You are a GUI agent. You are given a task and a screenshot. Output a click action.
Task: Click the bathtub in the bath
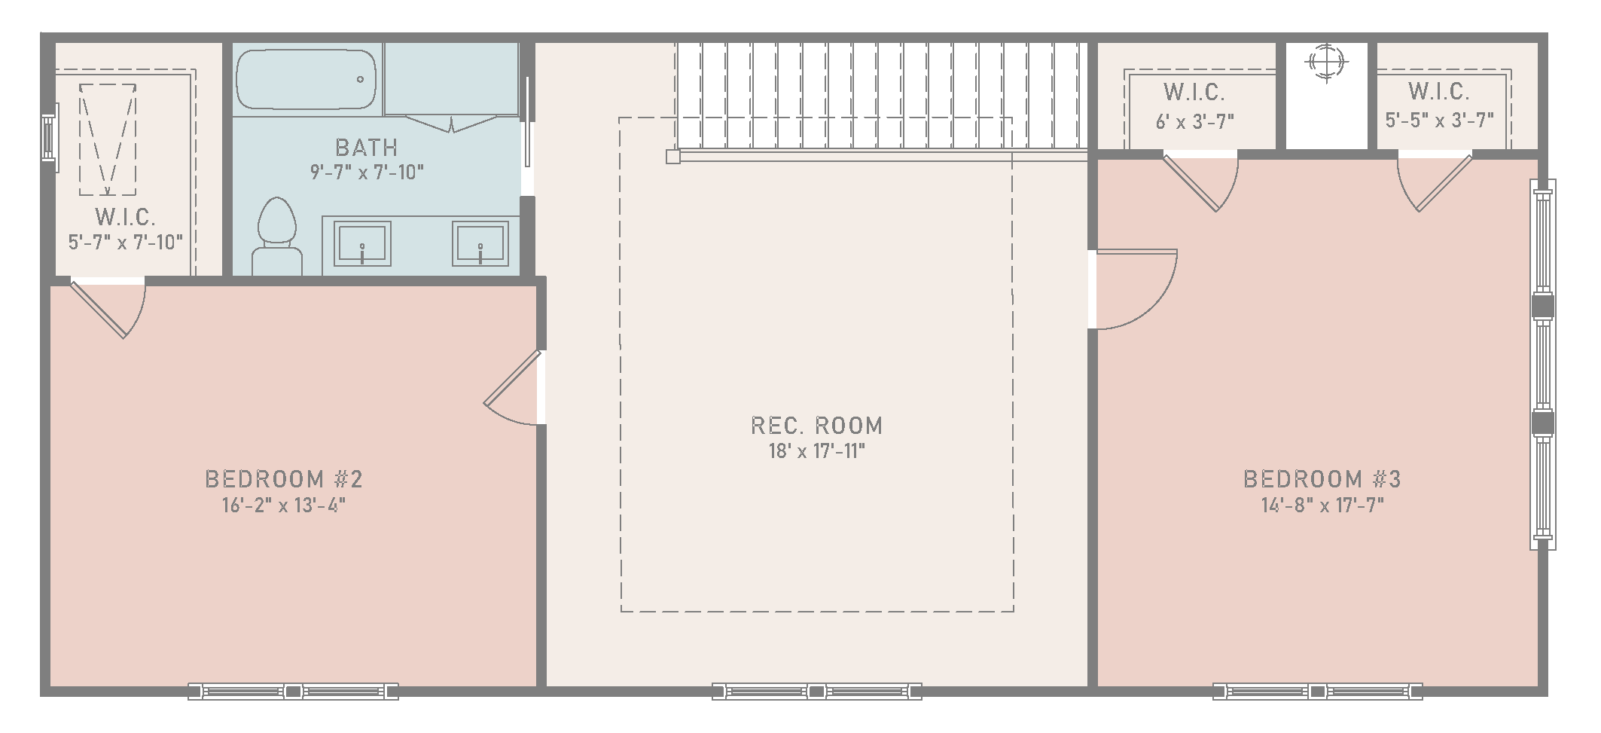click(x=306, y=80)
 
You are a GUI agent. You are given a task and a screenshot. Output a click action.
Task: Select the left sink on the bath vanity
click(x=362, y=243)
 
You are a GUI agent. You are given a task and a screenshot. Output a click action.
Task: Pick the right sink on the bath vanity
click(x=480, y=243)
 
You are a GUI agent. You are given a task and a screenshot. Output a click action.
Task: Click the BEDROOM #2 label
click(x=284, y=479)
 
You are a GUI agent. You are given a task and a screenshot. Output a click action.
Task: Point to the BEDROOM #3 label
click(x=1322, y=479)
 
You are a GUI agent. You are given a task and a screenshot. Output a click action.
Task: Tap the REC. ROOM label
click(x=817, y=426)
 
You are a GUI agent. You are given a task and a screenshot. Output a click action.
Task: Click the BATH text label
click(x=367, y=148)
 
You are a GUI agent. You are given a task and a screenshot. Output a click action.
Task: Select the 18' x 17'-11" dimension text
click(x=817, y=451)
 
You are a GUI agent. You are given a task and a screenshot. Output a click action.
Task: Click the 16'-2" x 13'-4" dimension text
click(x=284, y=505)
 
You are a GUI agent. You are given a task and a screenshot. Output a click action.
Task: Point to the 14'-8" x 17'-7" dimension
click(x=1322, y=505)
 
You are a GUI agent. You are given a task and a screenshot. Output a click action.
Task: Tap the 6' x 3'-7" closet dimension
click(x=1195, y=121)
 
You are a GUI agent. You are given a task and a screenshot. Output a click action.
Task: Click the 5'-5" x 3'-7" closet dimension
click(x=1439, y=121)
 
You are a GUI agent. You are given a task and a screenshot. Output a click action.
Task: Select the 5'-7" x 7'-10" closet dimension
click(x=126, y=243)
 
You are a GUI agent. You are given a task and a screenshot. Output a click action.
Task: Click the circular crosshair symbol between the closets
click(x=1326, y=62)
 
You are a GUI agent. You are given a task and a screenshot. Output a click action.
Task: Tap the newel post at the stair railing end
click(x=673, y=157)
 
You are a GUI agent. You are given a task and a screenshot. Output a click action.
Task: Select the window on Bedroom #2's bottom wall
click(x=293, y=691)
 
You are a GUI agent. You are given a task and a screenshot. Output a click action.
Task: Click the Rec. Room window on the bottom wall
click(x=817, y=691)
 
